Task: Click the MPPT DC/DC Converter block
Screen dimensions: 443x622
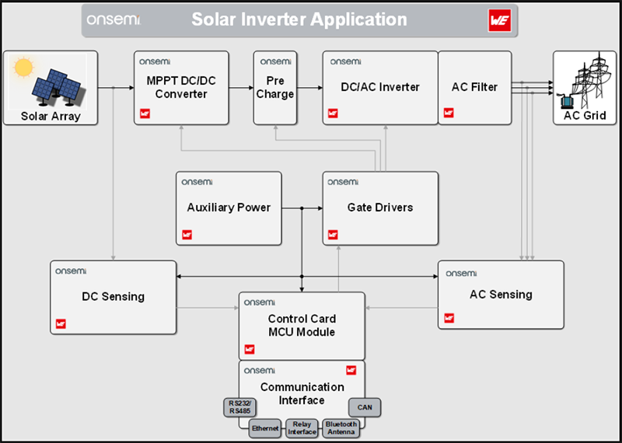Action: (x=181, y=87)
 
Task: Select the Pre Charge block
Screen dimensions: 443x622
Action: (x=275, y=87)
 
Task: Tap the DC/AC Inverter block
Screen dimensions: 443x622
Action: (x=380, y=87)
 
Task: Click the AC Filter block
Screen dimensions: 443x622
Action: (x=474, y=87)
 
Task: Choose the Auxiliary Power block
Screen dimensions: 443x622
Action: (x=229, y=208)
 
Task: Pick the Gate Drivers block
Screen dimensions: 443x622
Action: (x=380, y=208)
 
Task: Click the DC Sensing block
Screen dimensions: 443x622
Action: (x=114, y=296)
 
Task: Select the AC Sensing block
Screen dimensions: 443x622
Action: (x=501, y=295)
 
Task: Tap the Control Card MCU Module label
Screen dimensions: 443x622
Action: (x=302, y=326)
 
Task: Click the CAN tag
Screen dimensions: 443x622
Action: (x=365, y=406)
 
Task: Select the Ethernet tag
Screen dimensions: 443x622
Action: (x=265, y=428)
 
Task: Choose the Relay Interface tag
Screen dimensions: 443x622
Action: (x=302, y=428)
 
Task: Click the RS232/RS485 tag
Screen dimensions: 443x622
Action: (x=239, y=406)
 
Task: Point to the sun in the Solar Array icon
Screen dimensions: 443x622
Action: (x=24, y=68)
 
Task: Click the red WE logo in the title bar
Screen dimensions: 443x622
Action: (x=498, y=20)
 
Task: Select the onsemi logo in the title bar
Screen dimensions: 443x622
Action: (x=114, y=19)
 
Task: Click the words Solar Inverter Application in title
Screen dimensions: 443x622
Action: (x=299, y=19)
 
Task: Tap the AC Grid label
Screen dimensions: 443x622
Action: (x=585, y=116)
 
